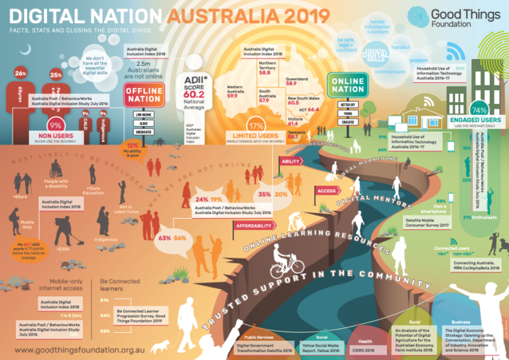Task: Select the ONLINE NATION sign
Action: coord(348,85)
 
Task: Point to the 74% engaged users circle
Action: coord(479,109)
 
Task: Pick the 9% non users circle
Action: coord(56,123)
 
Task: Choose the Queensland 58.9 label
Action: coord(296,82)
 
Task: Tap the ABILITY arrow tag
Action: coord(291,161)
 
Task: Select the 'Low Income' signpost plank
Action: coord(143,114)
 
